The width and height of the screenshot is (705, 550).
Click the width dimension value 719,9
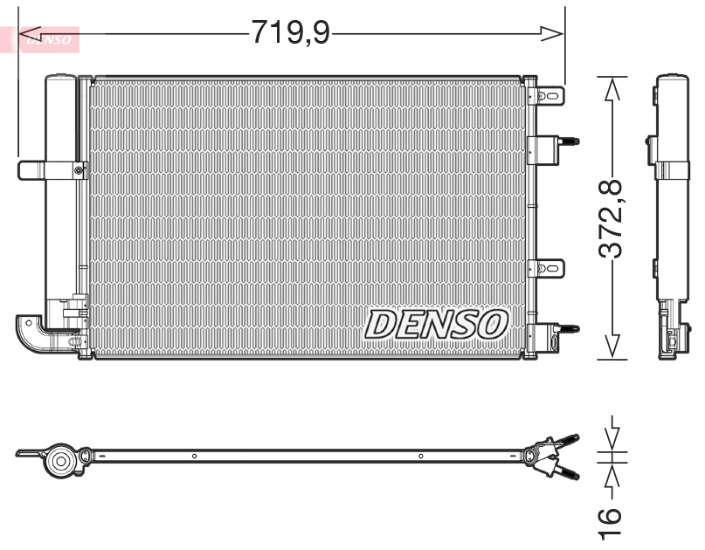(290, 33)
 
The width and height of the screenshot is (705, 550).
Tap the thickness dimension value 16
(612, 521)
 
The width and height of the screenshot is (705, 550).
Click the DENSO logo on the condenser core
(436, 324)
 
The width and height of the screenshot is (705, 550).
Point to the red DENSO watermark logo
(45, 38)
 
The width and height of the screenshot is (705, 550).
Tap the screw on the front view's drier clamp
(79, 169)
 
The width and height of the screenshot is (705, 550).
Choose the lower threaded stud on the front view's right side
(569, 328)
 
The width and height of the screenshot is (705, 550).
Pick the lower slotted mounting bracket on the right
(550, 266)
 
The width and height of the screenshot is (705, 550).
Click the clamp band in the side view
(672, 170)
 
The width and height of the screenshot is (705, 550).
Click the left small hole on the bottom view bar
(194, 456)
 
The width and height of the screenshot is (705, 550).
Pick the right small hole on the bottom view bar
(420, 456)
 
